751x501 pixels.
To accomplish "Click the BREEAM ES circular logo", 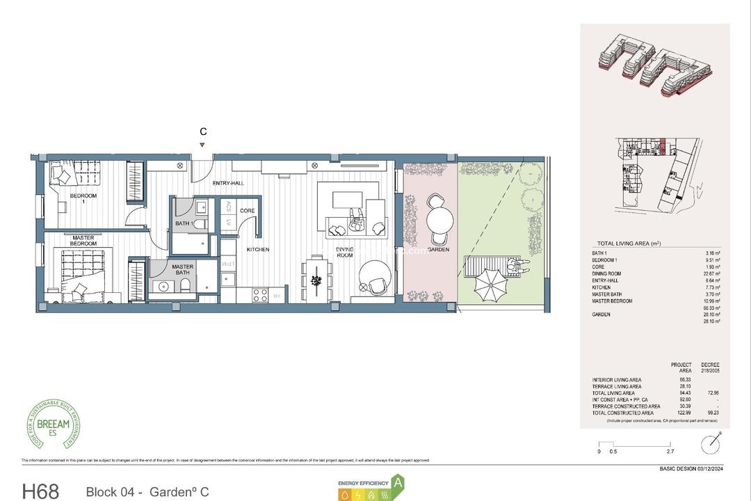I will [54, 424].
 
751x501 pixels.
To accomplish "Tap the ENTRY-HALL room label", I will [227, 182].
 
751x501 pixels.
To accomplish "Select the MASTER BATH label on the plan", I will [183, 269].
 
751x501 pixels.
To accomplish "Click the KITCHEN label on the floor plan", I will [257, 249].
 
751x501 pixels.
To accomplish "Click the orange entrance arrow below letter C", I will [202, 145].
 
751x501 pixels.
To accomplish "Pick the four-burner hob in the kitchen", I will [260, 294].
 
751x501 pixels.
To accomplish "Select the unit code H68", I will [44, 491].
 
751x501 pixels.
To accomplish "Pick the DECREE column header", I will [711, 365].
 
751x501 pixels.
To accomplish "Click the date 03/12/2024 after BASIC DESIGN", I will [708, 469].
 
